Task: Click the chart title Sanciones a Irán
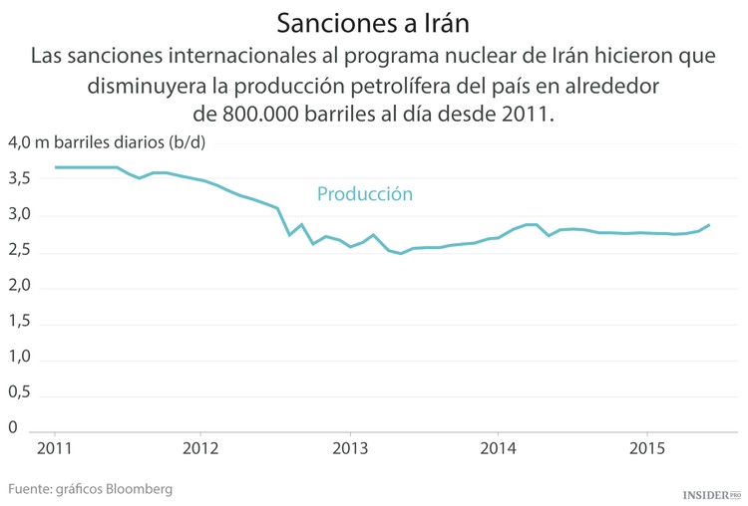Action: [x=373, y=21]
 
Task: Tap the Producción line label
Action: [x=364, y=194]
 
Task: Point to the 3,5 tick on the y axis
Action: [x=21, y=179]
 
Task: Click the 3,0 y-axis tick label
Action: [x=21, y=215]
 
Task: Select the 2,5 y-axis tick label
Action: [x=21, y=251]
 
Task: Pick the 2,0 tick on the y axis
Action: [x=21, y=286]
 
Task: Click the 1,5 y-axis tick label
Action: [x=21, y=322]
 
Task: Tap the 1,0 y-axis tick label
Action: [x=21, y=357]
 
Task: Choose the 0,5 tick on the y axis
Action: [x=21, y=392]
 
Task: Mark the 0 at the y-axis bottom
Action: [x=13, y=427]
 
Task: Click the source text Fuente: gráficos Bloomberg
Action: [x=91, y=489]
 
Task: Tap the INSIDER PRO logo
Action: [x=711, y=494]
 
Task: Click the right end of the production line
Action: [x=709, y=225]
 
